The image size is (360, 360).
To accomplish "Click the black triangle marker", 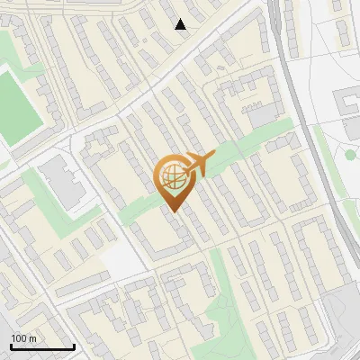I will pyautogui.click(x=181, y=24).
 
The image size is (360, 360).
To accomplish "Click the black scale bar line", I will pyautogui.click(x=42, y=347).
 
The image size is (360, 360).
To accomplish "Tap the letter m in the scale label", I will pyautogui.click(x=32, y=338).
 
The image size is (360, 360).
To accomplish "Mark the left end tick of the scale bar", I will pyautogui.click(x=12, y=346).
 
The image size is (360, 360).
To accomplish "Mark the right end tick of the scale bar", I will pyautogui.click(x=74, y=346).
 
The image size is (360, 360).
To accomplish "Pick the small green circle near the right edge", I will pyautogui.click(x=350, y=154).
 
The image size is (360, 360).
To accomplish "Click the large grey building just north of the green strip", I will pyautogui.click(x=264, y=114).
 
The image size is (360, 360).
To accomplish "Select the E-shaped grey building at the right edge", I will pyautogui.click(x=348, y=104).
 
